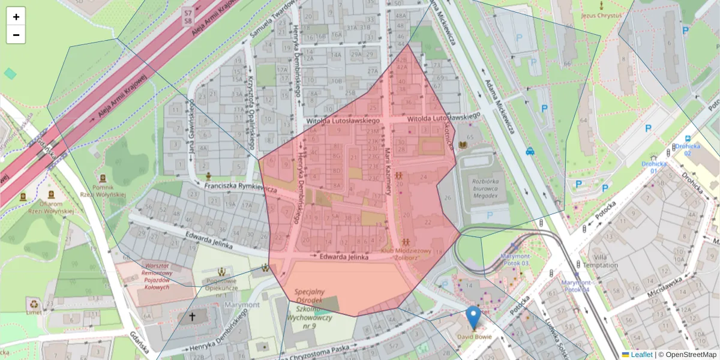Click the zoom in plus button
point(16,17)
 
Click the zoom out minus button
point(16,35)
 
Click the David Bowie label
point(475,337)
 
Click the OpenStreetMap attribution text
point(690,355)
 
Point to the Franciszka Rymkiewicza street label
point(240,187)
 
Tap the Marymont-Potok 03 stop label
point(515,260)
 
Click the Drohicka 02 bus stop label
point(687,149)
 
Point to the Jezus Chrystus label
point(601,16)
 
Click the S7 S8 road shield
point(188,16)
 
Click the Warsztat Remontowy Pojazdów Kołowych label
point(157,276)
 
